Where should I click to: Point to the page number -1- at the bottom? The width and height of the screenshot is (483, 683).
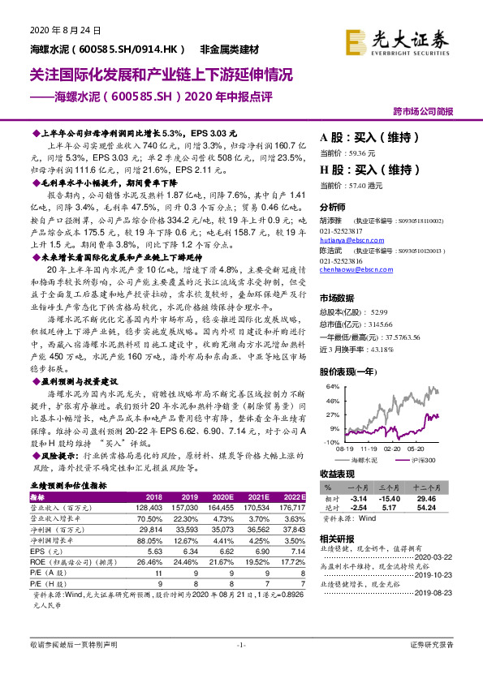241,667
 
